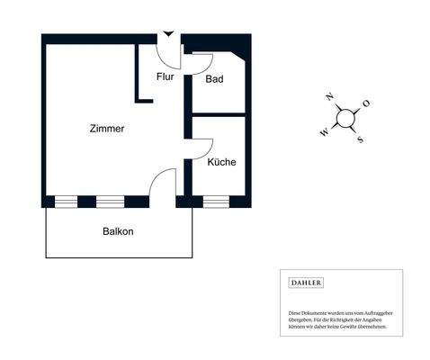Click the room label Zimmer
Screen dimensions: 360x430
point(107,129)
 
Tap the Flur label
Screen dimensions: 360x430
point(165,77)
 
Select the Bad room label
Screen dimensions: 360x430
point(214,79)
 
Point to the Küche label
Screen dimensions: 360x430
point(221,163)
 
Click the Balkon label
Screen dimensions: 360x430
point(118,231)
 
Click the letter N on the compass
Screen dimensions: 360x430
point(330,96)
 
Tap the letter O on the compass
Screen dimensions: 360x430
point(366,103)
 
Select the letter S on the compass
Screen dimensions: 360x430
point(360,139)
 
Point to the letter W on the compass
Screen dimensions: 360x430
point(324,132)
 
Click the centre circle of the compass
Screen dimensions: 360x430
point(345,118)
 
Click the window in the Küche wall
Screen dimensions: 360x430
point(216,201)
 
